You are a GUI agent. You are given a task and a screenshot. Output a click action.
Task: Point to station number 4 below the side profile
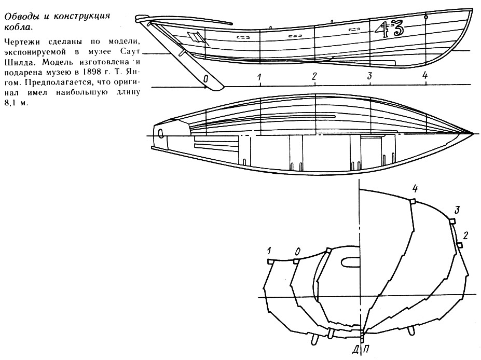(x=425, y=76)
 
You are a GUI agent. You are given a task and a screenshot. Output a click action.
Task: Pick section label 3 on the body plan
(x=457, y=210)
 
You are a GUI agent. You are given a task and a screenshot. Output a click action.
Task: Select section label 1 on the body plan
(x=269, y=252)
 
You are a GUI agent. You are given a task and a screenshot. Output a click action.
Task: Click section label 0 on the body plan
(x=297, y=252)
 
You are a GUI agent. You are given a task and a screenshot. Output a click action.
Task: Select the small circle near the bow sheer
(x=426, y=17)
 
